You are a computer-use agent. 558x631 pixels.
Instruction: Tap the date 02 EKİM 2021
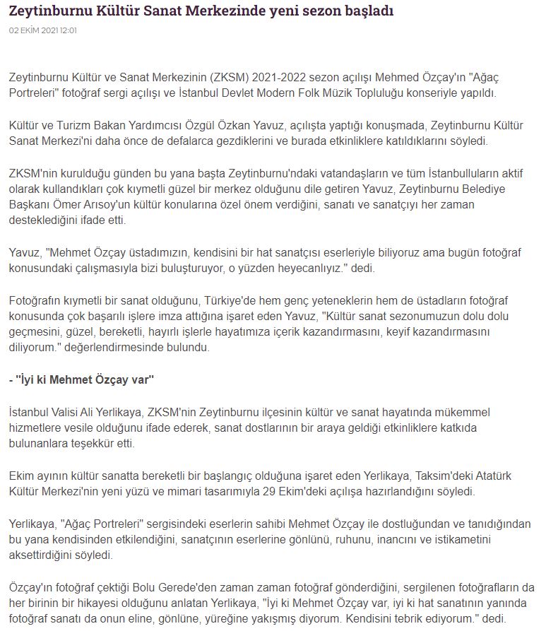(33, 30)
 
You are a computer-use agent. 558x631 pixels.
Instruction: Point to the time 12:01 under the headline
(69, 30)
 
